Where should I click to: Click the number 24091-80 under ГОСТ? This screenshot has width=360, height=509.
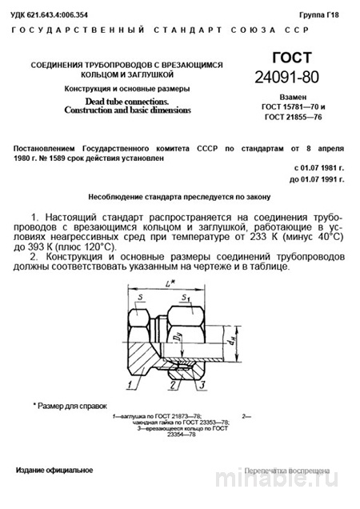295,77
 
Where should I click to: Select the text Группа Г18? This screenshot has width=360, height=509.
320,14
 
